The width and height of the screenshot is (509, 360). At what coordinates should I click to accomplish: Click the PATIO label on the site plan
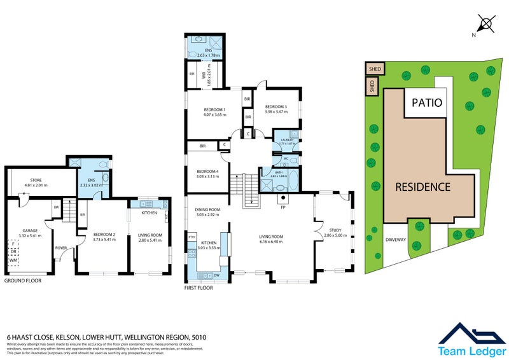coord(427,101)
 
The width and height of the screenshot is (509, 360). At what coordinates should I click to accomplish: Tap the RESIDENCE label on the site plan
coord(423,187)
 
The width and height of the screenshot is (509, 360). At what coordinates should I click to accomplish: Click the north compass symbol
coord(486,25)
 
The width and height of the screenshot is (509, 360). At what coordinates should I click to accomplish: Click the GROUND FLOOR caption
coord(23,280)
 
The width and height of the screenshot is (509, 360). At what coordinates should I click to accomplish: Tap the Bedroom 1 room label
coord(206,112)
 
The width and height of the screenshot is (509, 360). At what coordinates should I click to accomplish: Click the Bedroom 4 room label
coord(207,173)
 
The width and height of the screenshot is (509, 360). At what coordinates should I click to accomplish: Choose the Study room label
coord(335,232)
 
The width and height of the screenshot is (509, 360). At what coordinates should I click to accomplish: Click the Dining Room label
coord(207,212)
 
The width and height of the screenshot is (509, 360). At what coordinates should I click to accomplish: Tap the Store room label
coord(36,183)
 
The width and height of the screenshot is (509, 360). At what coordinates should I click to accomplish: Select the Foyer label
coord(61,248)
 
